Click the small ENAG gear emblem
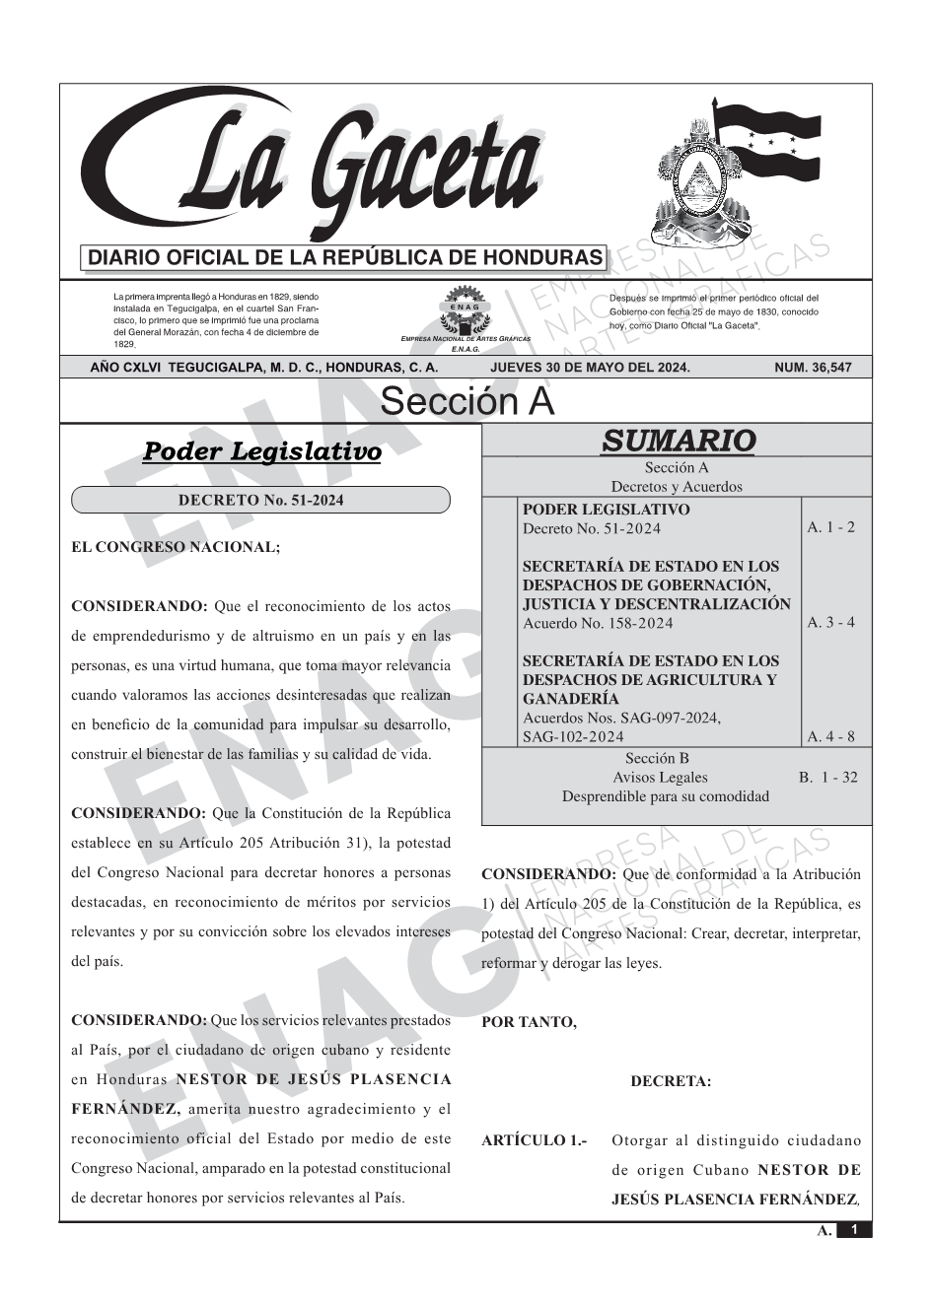465,307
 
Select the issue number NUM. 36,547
813,368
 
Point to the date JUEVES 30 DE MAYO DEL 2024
590,368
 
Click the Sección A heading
466,402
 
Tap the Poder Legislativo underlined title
261,451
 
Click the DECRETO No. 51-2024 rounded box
260,500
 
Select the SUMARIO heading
678,441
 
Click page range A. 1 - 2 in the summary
830,527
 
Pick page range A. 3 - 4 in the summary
830,622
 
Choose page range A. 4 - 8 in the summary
830,736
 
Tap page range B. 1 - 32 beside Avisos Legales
827,777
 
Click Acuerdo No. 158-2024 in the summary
598,623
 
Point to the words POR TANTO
529,1022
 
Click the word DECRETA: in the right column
671,1081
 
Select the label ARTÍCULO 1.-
534,1140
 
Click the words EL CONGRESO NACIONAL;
176,547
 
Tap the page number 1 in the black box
854,1229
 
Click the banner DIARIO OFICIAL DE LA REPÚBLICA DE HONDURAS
345,258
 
